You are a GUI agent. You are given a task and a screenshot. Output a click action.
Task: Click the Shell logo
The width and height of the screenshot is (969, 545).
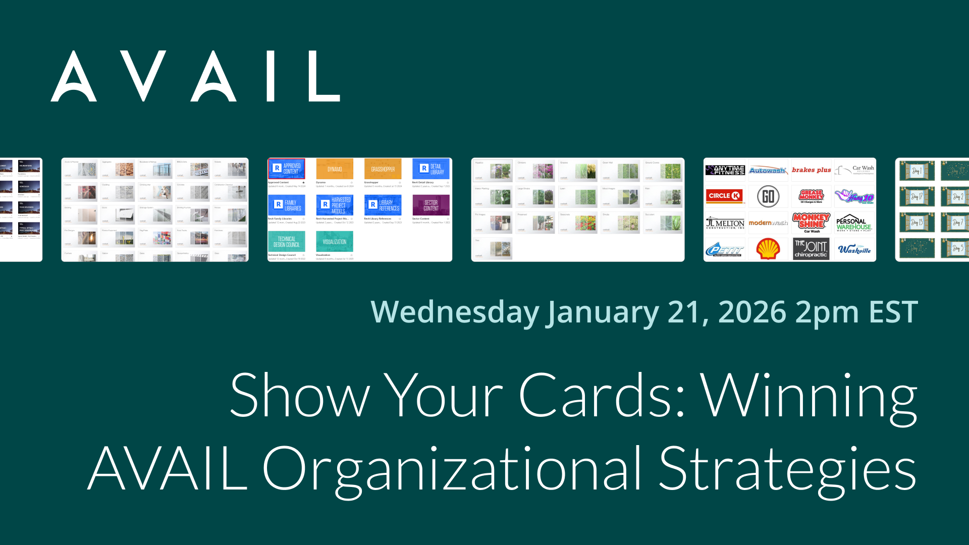(x=768, y=249)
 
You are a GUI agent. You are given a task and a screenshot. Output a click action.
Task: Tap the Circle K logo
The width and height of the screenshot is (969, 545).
(x=724, y=196)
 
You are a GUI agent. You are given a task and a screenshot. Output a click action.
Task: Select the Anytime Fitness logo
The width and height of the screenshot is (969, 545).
(x=725, y=170)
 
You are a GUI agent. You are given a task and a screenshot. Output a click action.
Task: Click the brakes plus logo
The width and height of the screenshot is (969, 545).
(x=811, y=170)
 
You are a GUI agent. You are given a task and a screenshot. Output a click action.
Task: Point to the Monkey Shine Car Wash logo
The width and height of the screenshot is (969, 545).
(x=811, y=223)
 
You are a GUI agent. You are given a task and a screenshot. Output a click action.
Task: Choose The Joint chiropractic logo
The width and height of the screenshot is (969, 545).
(x=811, y=249)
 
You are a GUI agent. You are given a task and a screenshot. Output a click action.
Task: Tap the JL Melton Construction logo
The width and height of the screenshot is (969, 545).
(x=725, y=223)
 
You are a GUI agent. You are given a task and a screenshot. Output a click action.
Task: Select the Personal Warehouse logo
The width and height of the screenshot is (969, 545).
(x=853, y=223)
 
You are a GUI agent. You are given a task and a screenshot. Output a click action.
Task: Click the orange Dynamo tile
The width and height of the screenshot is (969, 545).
(x=334, y=169)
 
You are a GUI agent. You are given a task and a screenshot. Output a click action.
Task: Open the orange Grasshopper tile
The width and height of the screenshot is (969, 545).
(x=383, y=169)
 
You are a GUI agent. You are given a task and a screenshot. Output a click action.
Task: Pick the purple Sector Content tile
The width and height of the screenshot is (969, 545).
(x=430, y=205)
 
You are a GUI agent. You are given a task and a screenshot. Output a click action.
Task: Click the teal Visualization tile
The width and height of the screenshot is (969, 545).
(x=334, y=241)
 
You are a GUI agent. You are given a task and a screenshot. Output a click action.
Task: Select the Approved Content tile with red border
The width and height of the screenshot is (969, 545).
(x=286, y=169)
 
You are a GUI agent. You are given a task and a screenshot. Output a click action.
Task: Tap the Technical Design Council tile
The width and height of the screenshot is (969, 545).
(x=286, y=241)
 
